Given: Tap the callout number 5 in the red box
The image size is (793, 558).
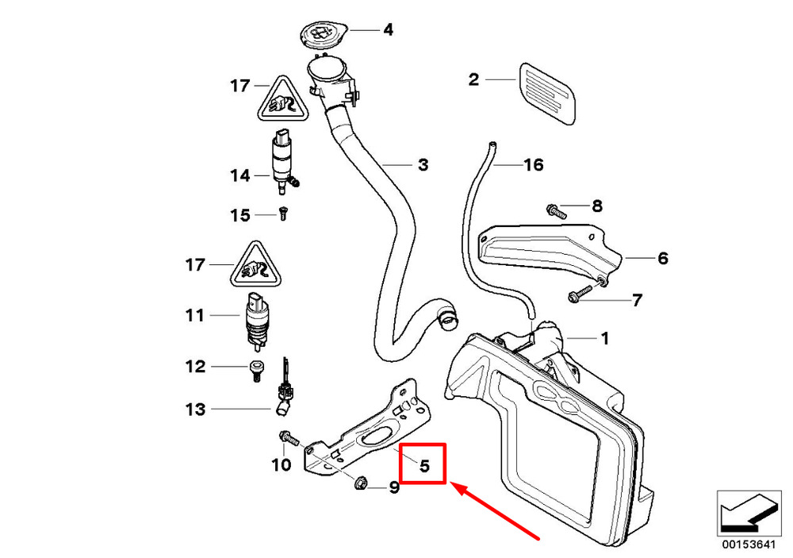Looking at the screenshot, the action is point(424,465).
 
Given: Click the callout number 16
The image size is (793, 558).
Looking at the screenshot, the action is point(533,164).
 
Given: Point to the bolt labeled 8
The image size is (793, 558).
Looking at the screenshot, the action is point(556,210).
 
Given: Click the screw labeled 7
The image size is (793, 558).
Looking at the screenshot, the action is point(580,294).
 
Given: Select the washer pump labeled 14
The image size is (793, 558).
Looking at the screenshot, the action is point(284,162).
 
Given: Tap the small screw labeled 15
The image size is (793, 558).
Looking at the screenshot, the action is point(283,214).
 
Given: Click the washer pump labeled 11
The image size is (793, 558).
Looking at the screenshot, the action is point(258,321).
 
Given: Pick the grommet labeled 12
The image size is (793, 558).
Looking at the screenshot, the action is point(256,371).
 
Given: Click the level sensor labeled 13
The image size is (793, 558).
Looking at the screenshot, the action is point(283,392).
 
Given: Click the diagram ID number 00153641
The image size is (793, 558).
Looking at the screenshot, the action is point(748,545).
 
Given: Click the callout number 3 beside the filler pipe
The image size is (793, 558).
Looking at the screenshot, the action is point(423,164).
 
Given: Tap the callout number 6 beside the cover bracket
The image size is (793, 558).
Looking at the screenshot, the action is point(662,258).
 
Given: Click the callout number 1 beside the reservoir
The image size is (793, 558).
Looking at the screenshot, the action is point(604,338).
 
